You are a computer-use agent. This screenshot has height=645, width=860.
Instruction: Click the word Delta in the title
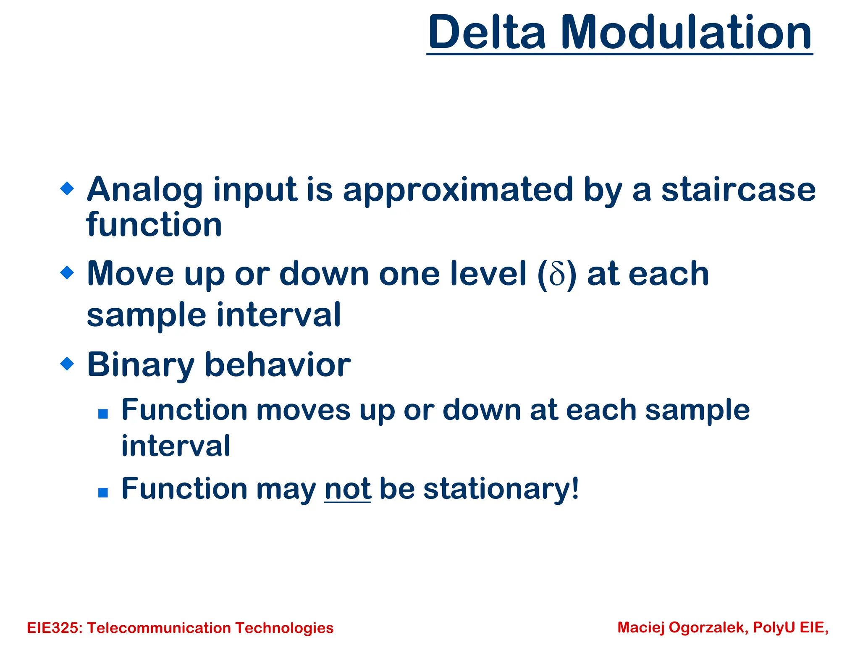click(x=487, y=33)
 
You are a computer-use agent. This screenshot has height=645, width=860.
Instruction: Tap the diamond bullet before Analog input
click(x=67, y=188)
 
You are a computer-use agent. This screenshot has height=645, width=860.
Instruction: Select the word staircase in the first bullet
click(x=739, y=190)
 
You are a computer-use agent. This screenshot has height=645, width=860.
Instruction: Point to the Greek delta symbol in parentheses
click(x=557, y=275)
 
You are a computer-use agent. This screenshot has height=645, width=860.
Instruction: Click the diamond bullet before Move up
click(x=67, y=273)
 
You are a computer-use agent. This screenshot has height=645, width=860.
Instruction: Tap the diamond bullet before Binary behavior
click(x=67, y=363)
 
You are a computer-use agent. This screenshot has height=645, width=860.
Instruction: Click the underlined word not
click(x=348, y=489)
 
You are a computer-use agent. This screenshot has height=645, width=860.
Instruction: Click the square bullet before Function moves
click(x=103, y=414)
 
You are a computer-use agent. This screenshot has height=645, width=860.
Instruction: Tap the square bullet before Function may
click(x=103, y=493)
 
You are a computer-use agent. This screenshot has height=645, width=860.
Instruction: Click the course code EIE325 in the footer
click(x=54, y=628)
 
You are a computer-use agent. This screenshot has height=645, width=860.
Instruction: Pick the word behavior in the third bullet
click(x=278, y=364)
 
